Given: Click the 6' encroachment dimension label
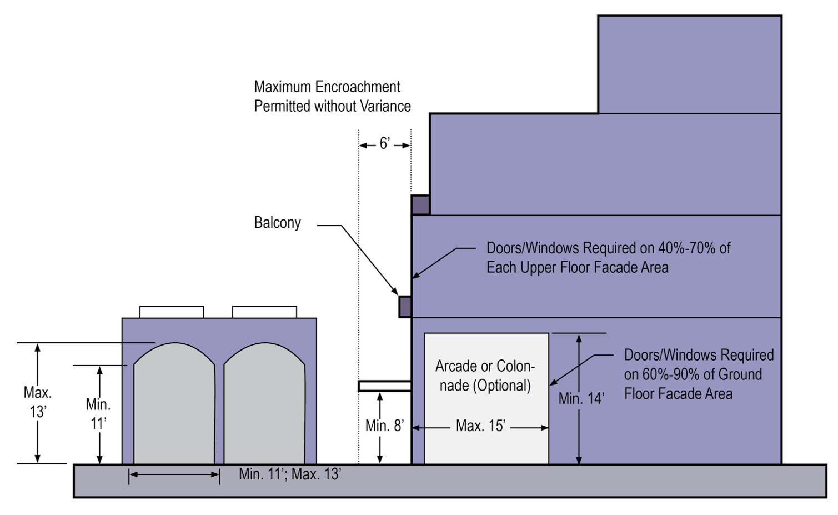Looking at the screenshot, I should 385,144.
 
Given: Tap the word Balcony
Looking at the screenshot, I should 277,223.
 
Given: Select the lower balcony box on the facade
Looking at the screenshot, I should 405,307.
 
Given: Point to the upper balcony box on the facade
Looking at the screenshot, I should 420,205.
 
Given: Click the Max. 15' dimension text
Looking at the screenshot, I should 480,426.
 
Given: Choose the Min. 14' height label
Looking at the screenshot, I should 581,398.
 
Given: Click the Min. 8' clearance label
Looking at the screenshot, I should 384,426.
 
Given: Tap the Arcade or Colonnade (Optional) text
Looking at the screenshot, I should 485,376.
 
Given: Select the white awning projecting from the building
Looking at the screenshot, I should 384,386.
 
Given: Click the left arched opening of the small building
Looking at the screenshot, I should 174,406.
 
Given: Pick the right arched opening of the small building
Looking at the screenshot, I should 264,406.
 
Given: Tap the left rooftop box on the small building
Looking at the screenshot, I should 172,312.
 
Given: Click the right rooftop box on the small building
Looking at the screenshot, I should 264,312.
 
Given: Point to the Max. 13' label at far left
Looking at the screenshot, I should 38,402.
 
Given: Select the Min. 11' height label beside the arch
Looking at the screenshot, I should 98,414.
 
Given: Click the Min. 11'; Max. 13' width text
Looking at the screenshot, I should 290,474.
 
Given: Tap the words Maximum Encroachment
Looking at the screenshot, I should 327,87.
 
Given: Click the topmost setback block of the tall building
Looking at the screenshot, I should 690,64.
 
